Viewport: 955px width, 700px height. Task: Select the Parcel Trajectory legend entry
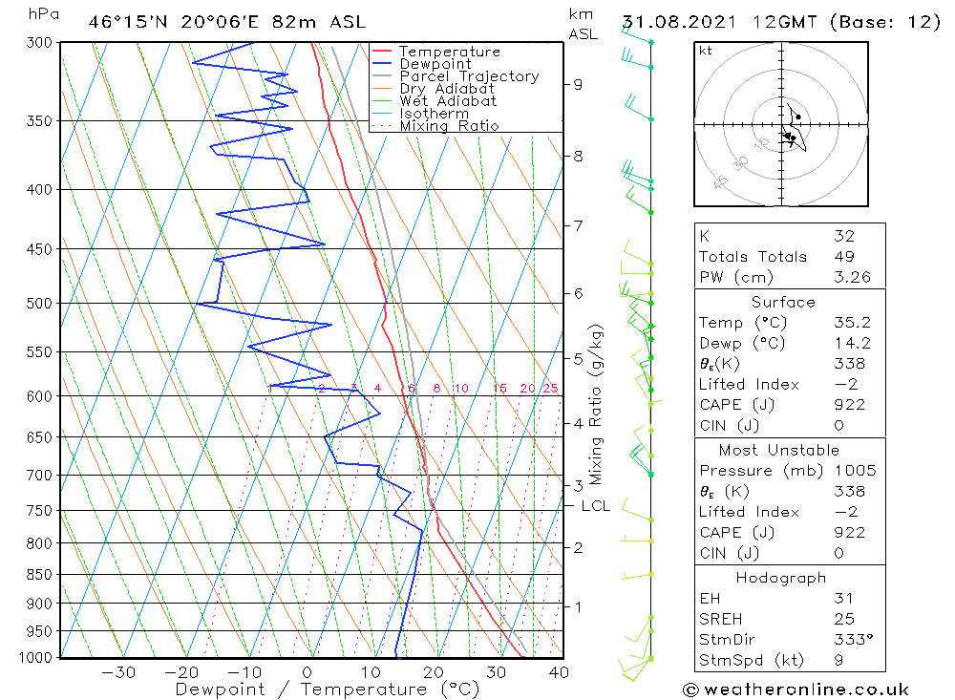click(469, 76)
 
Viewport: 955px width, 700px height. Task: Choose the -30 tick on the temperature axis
click(118, 672)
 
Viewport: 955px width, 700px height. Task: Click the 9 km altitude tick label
click(578, 84)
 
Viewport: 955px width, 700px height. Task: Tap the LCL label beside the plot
click(595, 506)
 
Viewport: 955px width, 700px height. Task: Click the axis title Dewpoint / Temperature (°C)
click(327, 689)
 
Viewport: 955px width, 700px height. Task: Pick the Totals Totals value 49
click(843, 256)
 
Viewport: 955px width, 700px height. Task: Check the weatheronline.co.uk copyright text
click(796, 689)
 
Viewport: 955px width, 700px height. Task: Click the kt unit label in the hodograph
click(706, 51)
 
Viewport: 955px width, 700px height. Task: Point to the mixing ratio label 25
click(550, 388)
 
